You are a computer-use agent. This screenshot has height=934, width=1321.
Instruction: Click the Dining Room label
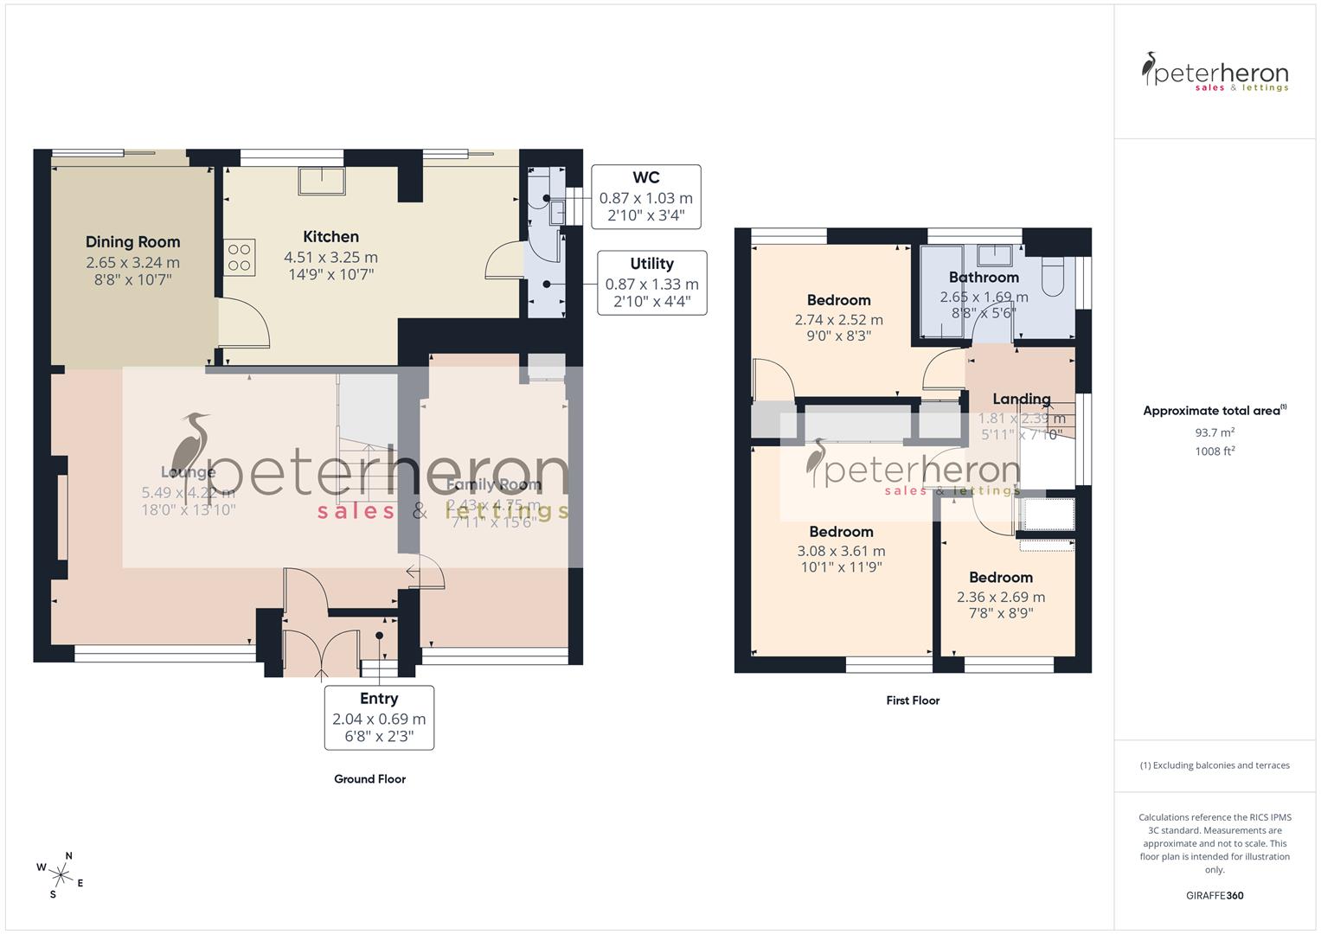coord(132,242)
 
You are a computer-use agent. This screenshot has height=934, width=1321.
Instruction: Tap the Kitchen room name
coord(330,237)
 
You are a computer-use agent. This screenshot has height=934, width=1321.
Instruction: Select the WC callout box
coord(645,197)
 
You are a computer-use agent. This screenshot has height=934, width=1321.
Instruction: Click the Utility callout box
coord(651,283)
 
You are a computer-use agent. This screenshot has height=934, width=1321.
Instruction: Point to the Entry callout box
coord(379,717)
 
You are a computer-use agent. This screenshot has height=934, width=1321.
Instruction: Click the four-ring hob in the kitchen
coord(240,257)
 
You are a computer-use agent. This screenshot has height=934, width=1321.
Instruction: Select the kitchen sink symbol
coord(321,182)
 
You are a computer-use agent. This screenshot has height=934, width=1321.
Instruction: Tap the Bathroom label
coord(984,278)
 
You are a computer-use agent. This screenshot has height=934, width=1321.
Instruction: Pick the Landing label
coord(1021,399)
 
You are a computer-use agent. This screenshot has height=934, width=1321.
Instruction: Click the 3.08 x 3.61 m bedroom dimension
coord(840,551)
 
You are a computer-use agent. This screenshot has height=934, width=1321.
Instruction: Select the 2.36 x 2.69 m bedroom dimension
coord(1000,597)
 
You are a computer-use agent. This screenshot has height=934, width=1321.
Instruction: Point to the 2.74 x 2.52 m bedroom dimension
coord(838,319)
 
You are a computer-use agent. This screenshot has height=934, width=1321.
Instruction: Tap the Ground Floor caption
coord(369,779)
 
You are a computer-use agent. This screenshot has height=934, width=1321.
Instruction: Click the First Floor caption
coord(912,700)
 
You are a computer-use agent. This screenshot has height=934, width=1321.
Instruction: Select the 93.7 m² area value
coord(1215,432)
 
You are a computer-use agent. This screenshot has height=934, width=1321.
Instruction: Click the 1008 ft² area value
coord(1215,451)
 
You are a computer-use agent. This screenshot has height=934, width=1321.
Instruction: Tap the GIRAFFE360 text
coord(1214,896)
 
